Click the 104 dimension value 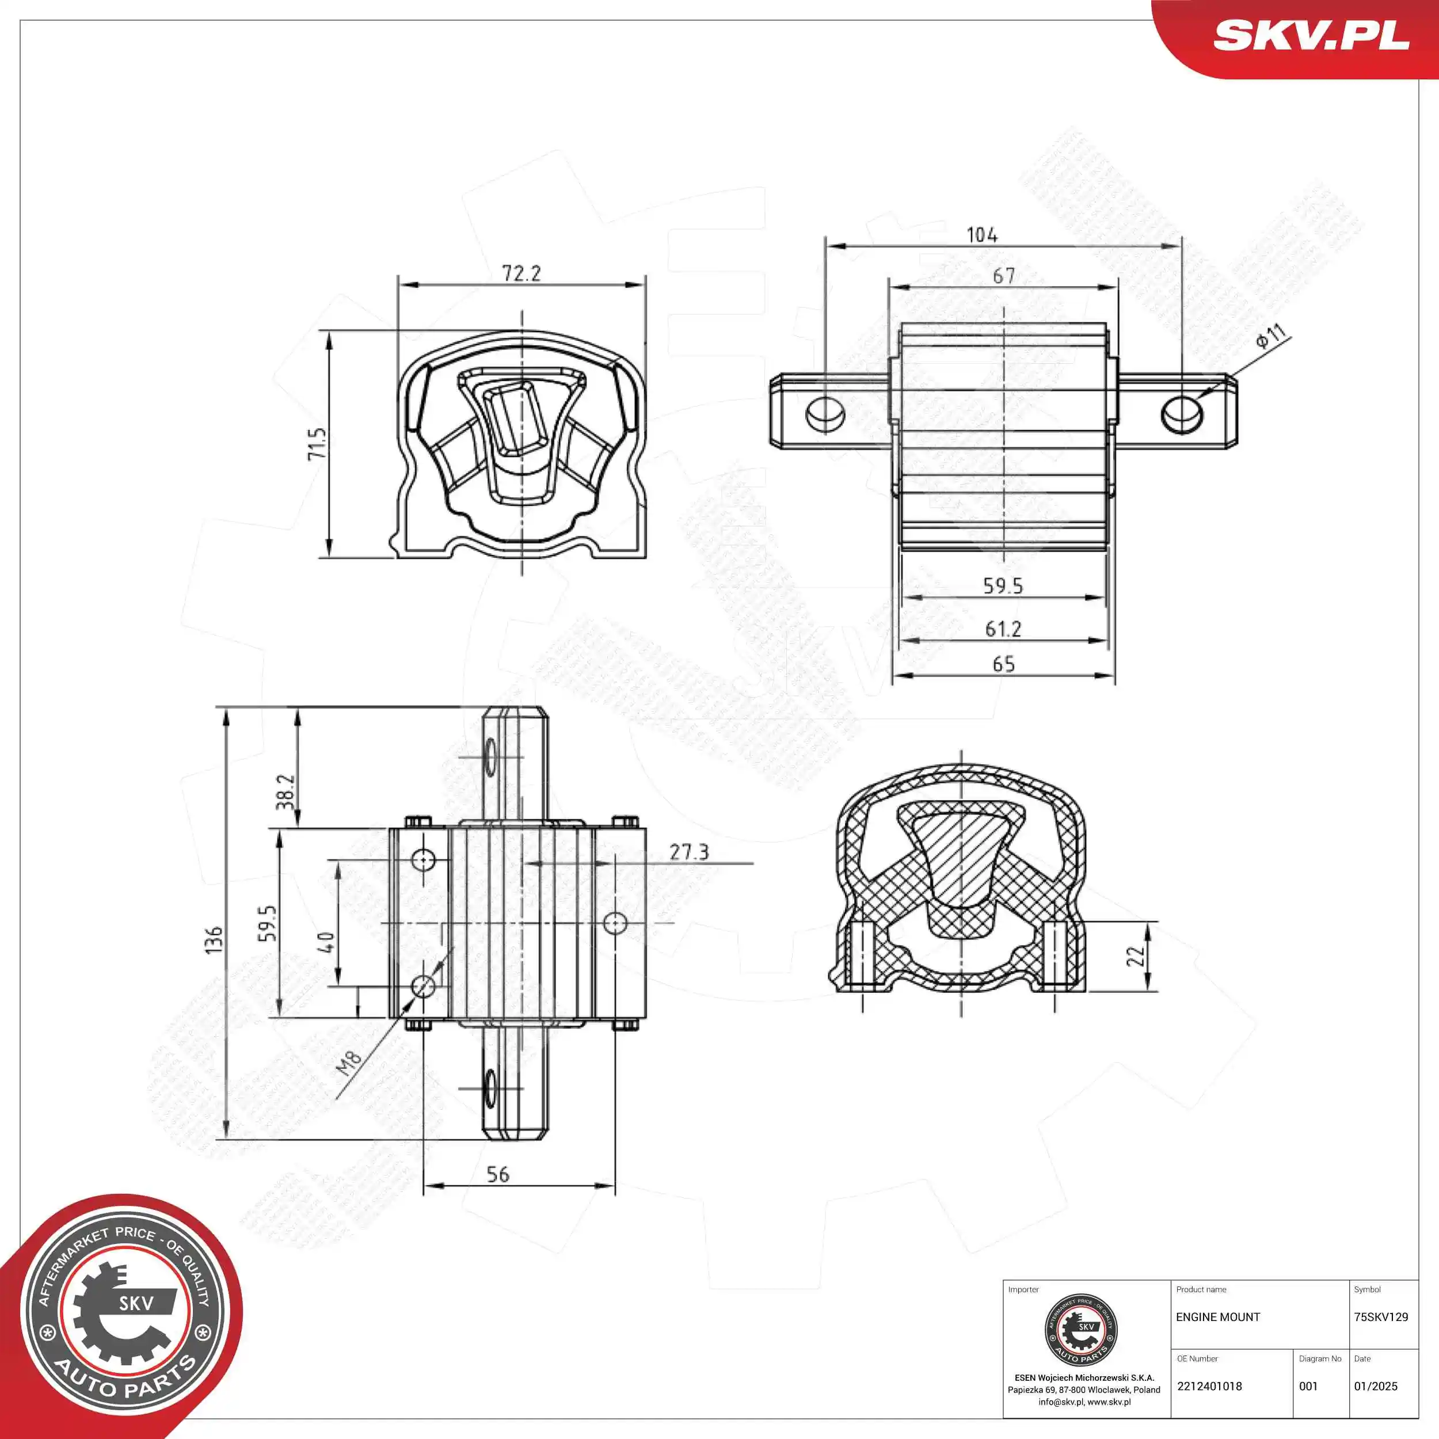[981, 235]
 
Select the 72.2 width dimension [521, 273]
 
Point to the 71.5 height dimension [317, 443]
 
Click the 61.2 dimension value [1003, 629]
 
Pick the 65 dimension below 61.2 [1003, 664]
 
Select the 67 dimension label [1003, 276]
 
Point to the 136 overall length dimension [214, 940]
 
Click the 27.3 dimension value [688, 852]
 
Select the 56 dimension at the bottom [497, 1175]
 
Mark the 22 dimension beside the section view [1135, 955]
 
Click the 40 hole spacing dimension [325, 942]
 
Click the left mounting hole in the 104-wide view [825, 414]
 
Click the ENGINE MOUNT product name [1218, 1317]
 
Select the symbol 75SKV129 [1381, 1317]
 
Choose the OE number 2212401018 [1209, 1386]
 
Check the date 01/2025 [1376, 1386]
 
